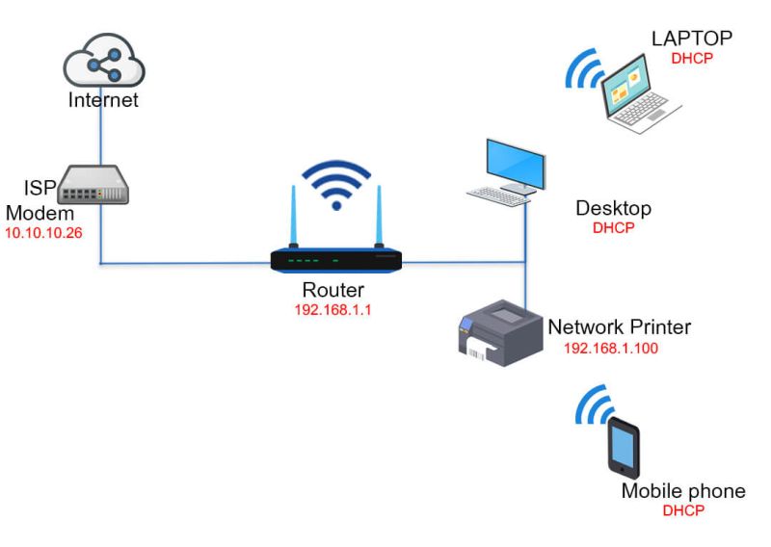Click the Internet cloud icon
tap(103, 60)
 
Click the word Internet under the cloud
tap(103, 99)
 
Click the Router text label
tap(332, 292)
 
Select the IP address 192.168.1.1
tap(332, 310)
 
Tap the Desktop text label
tap(613, 208)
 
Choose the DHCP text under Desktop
tap(613, 228)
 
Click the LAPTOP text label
tap(692, 39)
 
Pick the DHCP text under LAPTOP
tap(691, 58)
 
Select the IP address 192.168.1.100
tap(610, 348)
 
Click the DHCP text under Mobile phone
tap(682, 510)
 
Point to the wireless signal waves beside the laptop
tap(584, 66)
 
